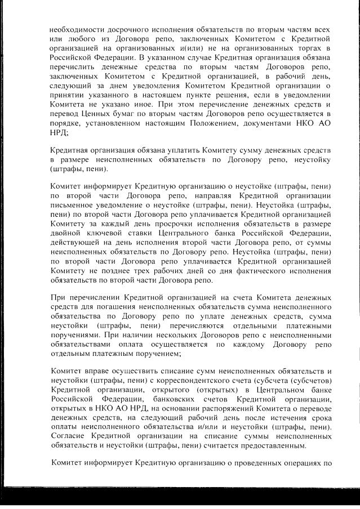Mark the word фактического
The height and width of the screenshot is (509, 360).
[250, 271]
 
